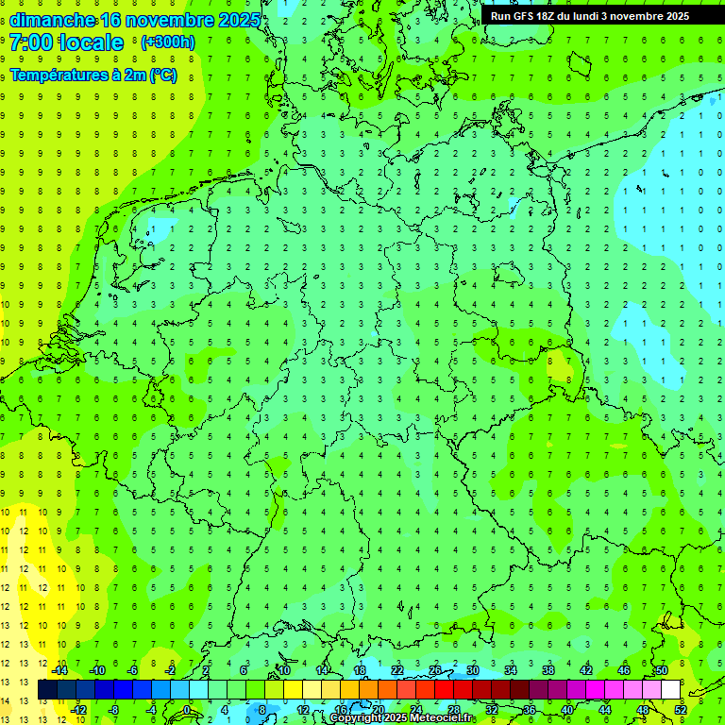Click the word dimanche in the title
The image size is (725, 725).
click(x=52, y=20)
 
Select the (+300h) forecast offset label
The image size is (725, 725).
click(x=168, y=42)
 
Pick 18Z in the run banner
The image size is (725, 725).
click(x=553, y=16)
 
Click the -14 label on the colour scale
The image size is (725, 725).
click(x=59, y=671)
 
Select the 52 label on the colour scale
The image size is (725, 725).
click(x=680, y=710)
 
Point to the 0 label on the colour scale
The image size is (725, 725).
click(x=188, y=710)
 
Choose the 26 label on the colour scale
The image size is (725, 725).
click(x=435, y=671)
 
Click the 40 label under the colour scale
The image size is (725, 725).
click(x=566, y=710)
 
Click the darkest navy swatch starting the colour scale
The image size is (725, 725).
click(x=47, y=690)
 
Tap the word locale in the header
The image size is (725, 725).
click(x=91, y=42)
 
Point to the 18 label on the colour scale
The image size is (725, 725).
click(x=360, y=671)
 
